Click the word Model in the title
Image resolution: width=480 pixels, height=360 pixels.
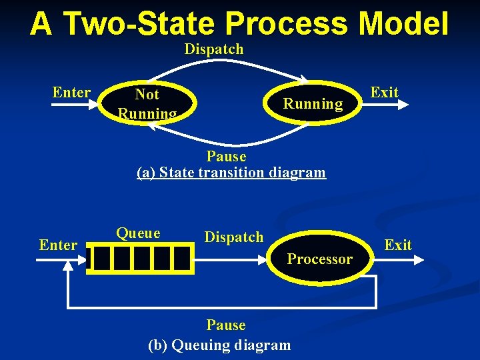pos(403,24)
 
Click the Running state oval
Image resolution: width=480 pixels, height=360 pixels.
pos(312,103)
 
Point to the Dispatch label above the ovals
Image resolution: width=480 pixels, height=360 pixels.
pos(214,49)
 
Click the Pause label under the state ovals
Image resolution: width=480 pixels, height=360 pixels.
pos(226,157)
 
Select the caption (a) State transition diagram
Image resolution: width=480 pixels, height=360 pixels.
pos(231,173)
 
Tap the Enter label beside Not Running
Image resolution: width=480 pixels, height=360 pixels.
pos(71,92)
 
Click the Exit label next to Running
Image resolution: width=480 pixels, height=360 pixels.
pos(384,92)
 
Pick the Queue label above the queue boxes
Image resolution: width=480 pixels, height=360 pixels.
pos(138,233)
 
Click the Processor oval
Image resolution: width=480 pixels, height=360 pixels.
pos(319,259)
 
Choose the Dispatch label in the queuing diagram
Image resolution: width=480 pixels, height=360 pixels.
pos(233,237)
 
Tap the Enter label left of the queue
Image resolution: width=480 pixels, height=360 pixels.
pos(58,245)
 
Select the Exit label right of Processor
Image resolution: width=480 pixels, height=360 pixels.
pos(398,245)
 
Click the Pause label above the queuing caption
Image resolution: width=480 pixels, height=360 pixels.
pos(226,325)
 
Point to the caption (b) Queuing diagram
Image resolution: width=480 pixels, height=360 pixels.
pos(219,345)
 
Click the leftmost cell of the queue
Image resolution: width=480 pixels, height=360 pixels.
pos(100,259)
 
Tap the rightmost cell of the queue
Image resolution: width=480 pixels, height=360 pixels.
pos(181,259)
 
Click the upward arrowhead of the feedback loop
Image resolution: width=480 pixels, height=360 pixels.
pos(68,265)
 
